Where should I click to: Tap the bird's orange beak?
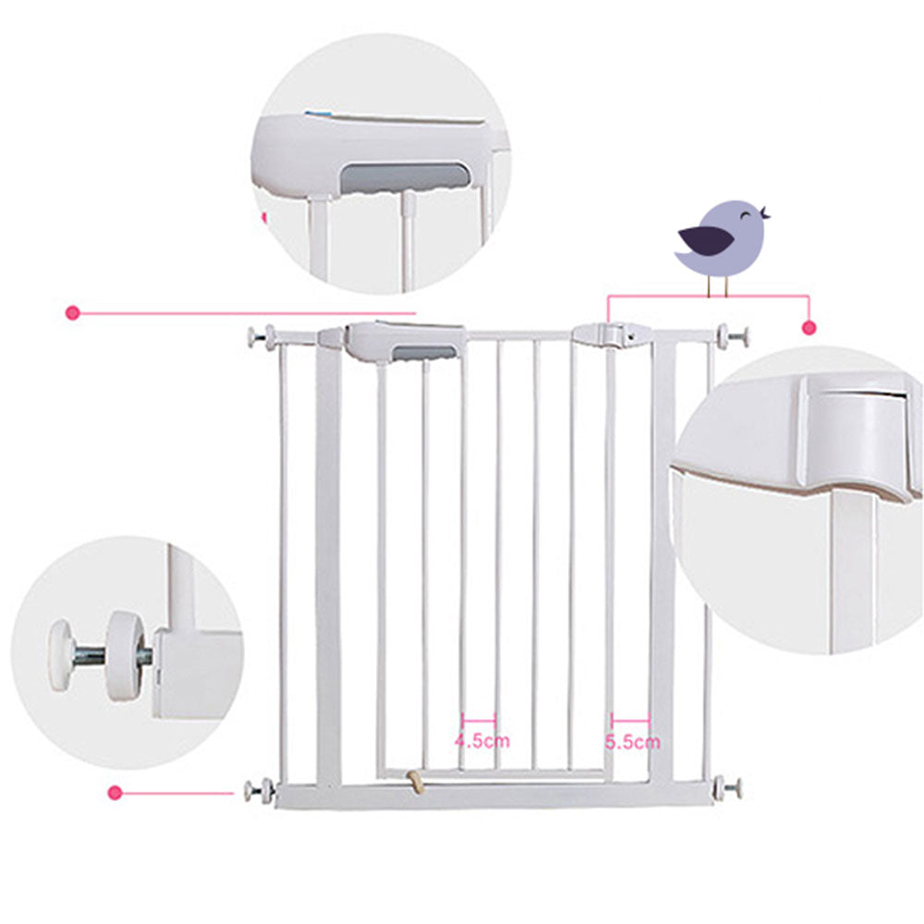click(766, 216)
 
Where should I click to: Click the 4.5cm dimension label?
click(481, 740)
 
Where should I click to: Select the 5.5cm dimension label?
click(633, 741)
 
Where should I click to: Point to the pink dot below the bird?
click(809, 327)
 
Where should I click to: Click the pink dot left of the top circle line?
click(72, 313)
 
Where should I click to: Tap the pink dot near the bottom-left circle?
click(115, 791)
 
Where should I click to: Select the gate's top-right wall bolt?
click(735, 336)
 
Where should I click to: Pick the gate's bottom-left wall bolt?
click(257, 790)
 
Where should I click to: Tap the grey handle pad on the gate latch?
click(424, 352)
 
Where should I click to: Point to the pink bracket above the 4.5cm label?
click(479, 720)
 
